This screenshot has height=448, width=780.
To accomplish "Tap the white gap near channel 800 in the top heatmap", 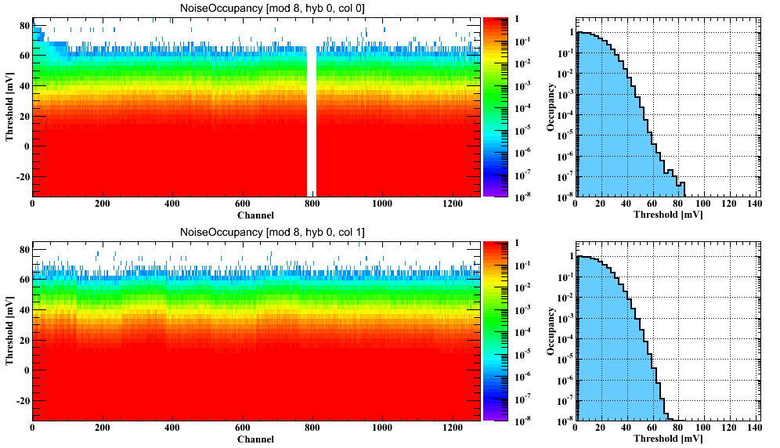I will (x=311, y=117).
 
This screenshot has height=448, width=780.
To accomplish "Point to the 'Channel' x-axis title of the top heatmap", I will (x=255, y=215).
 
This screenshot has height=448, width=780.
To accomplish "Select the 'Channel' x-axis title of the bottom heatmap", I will (x=255, y=439).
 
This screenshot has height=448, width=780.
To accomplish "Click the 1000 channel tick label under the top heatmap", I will (x=382, y=204).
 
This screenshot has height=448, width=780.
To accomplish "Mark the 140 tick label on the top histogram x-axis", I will (x=753, y=204).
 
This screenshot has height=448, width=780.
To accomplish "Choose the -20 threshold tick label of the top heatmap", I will (x=20, y=176).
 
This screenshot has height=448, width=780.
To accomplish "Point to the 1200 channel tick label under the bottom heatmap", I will (x=452, y=429).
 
